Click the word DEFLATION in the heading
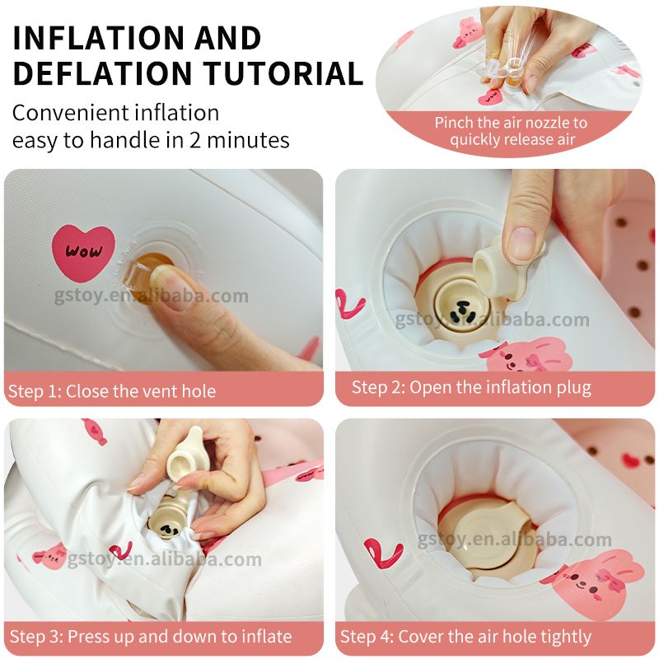coord(103,72)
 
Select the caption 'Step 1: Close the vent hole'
coord(112,390)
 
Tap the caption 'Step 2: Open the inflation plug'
coord(471,387)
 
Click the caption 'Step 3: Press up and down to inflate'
coord(151,636)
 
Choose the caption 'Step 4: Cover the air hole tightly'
coord(465,636)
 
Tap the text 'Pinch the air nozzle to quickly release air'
coord(511,131)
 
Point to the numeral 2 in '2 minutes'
coord(194,140)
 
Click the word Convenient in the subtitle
coord(70,113)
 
